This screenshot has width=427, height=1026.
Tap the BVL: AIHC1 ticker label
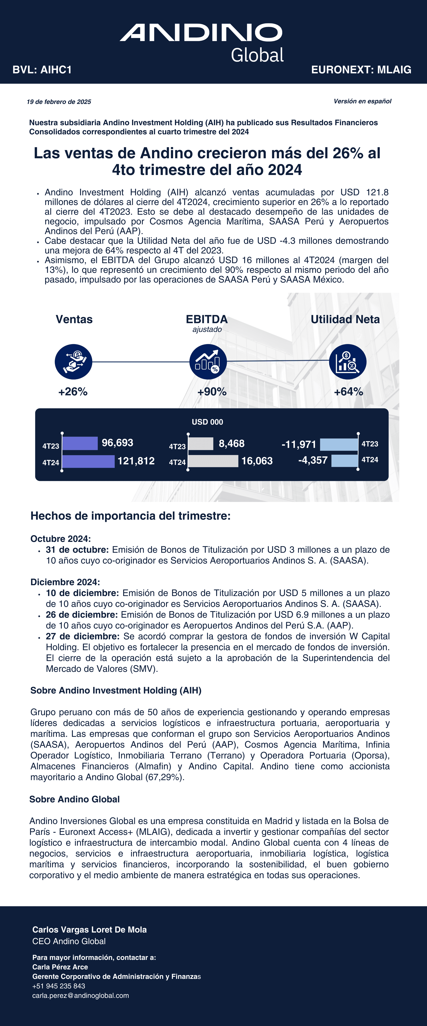point(42,70)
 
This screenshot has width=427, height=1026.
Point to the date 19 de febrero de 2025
point(59,102)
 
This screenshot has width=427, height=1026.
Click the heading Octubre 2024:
point(61,539)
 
